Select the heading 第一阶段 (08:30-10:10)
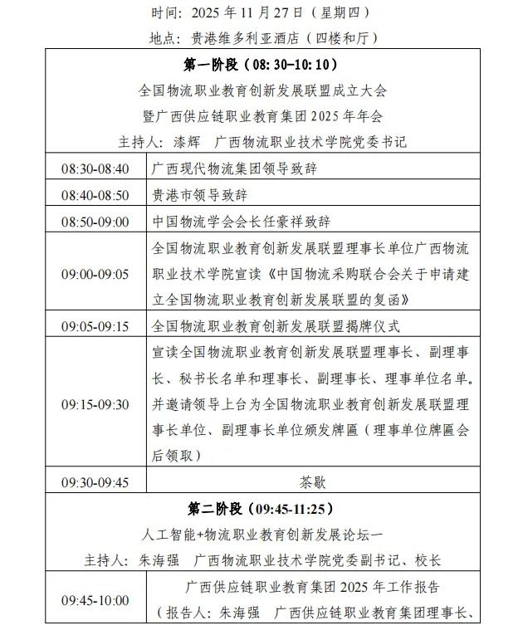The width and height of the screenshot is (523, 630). (261, 64)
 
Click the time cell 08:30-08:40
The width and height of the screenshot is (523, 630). (95, 168)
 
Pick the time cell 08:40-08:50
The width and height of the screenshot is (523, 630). (95, 195)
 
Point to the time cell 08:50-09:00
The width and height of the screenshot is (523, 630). (95, 222)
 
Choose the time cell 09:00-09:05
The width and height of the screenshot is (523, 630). (95, 273)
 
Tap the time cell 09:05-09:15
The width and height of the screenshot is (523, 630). (95, 326)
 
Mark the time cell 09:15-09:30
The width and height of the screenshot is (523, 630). (95, 404)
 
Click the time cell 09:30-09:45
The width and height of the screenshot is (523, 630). (95, 481)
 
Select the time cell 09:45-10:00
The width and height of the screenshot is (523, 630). (95, 600)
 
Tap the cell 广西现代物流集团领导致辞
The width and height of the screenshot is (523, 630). (234, 168)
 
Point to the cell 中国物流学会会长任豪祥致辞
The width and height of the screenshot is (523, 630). (241, 222)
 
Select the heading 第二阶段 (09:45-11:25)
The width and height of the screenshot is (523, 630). (261, 508)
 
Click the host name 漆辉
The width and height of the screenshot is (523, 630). (188, 141)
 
